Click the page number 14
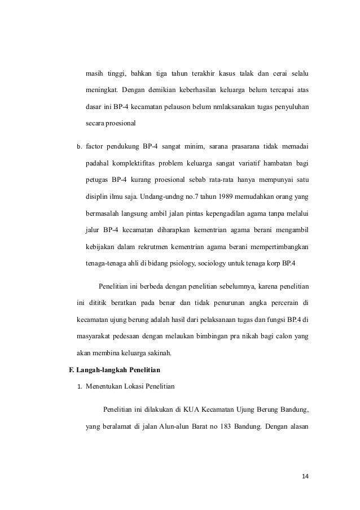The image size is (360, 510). pyautogui.click(x=305, y=477)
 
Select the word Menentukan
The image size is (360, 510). pyautogui.click(x=105, y=387)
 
